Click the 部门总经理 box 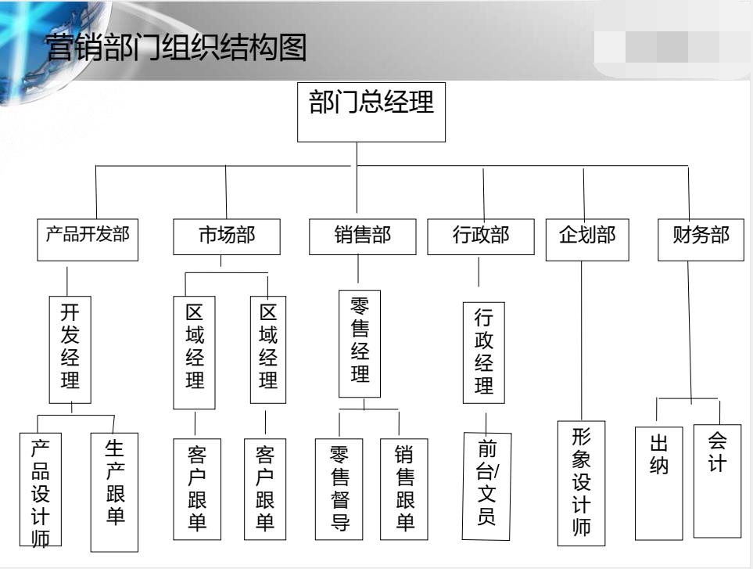(371, 111)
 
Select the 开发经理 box (70, 348)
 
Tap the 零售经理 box (360, 344)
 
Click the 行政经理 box (484, 353)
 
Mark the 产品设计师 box (40, 489)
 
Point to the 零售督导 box (339, 488)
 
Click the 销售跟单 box (404, 488)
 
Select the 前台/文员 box (486, 485)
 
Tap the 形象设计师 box (581, 483)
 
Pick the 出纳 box (659, 483)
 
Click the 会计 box (717, 480)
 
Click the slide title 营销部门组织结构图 (175, 49)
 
